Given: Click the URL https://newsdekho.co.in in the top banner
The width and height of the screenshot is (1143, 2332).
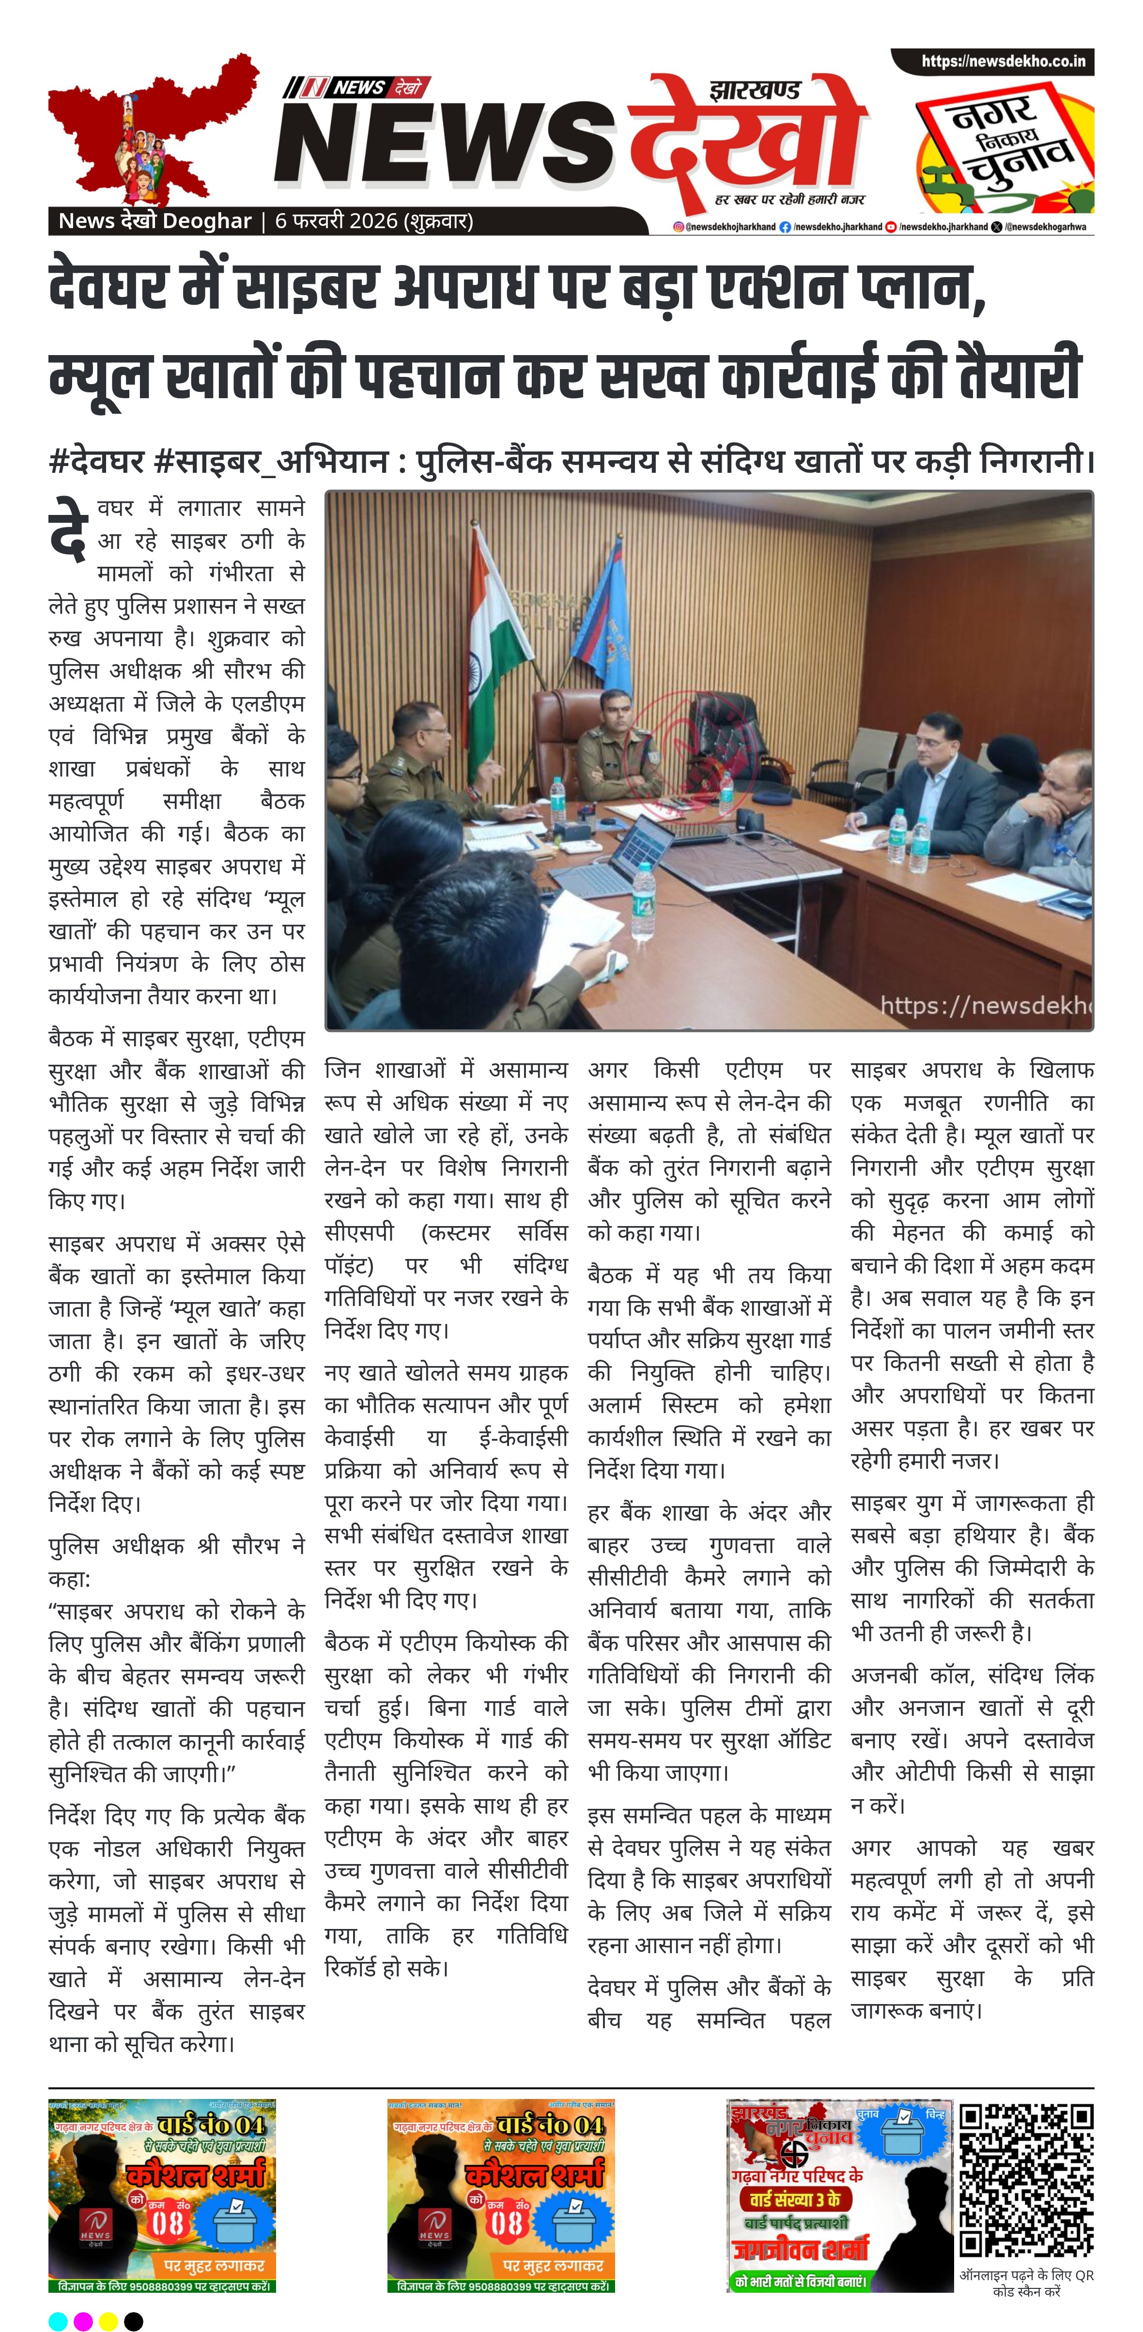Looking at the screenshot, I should pos(1003,62).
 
